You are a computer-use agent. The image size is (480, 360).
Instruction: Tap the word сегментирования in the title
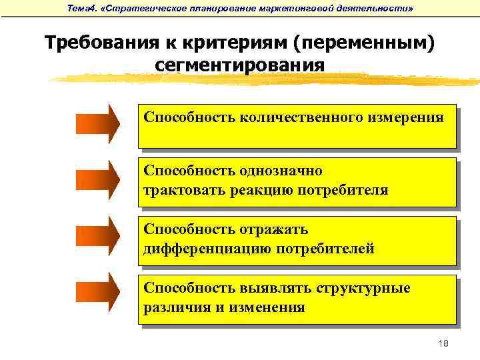tap(240, 66)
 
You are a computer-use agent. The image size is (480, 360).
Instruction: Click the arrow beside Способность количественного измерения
tap(97, 123)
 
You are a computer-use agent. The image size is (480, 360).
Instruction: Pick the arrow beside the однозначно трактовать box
tap(97, 181)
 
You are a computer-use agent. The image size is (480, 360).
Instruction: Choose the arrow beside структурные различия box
tap(97, 297)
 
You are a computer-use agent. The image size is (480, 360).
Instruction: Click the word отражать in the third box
tap(274, 230)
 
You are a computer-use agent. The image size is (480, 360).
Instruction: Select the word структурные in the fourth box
tap(368, 289)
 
